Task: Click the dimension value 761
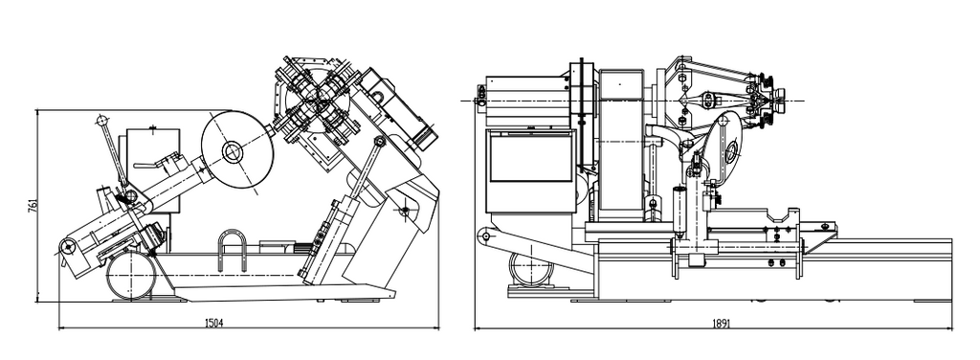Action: pos(33,206)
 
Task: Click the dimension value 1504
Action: pos(214,323)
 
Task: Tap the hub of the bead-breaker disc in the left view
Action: pos(233,151)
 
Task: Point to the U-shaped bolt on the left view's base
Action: pos(232,250)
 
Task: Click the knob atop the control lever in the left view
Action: pos(101,120)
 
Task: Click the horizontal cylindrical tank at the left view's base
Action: pos(131,275)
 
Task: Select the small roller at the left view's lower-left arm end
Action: pos(66,247)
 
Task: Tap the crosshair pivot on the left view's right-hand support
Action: pos(405,212)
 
